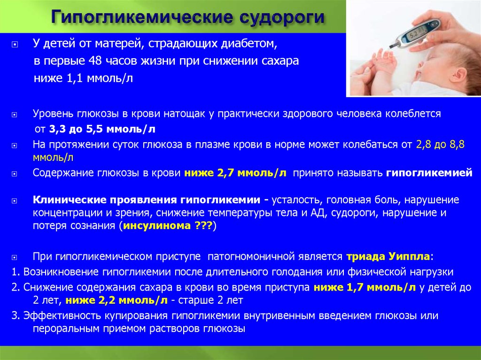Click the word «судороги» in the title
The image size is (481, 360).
click(x=282, y=17)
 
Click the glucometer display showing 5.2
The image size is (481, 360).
click(x=414, y=34)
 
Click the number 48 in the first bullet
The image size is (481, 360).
click(x=95, y=61)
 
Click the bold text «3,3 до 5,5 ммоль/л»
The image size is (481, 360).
click(x=102, y=129)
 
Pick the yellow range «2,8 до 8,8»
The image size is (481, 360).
click(x=440, y=145)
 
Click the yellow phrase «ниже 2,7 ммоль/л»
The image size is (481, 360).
click(x=235, y=173)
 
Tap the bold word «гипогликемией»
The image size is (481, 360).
click(x=429, y=173)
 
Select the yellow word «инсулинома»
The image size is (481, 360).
click(x=157, y=226)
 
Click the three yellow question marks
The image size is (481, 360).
click(x=203, y=226)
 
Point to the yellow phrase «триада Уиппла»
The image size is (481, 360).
click(x=388, y=256)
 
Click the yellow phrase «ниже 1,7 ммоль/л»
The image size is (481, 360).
click(x=365, y=287)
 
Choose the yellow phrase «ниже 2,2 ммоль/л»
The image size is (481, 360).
click(x=116, y=300)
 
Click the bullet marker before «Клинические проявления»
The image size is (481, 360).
click(x=15, y=201)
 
